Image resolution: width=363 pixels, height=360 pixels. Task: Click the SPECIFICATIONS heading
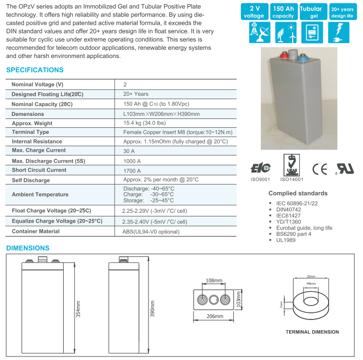(35, 70)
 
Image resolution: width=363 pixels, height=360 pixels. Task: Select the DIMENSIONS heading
(28, 248)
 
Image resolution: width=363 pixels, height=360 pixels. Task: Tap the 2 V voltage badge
(254, 12)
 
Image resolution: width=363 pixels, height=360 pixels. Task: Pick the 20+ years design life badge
(342, 12)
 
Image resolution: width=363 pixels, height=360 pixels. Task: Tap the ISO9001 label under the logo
(260, 180)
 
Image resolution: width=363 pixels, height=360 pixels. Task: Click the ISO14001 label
(292, 180)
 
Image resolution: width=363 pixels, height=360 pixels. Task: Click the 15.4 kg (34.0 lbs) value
(144, 123)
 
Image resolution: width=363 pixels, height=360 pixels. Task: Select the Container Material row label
(36, 231)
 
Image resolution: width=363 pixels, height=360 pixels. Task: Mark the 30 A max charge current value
(129, 151)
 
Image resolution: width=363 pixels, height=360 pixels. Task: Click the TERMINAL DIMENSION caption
(312, 332)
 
